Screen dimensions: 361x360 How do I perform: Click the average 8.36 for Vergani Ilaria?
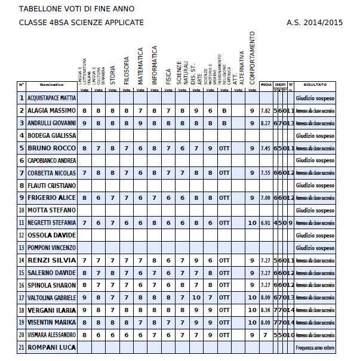point(266,310)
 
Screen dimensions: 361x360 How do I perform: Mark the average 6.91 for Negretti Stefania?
point(266,223)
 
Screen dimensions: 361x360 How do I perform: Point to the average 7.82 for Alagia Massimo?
point(266,111)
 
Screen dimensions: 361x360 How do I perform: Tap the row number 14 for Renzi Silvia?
point(21,260)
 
